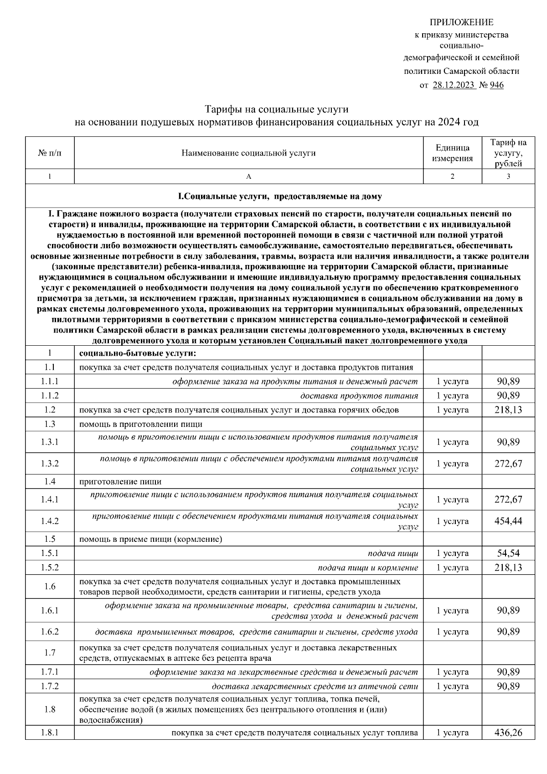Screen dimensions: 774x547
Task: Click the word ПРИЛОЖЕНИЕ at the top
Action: (x=461, y=22)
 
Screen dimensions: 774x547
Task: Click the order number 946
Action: (x=496, y=85)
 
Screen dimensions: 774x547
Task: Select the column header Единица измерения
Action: (x=452, y=153)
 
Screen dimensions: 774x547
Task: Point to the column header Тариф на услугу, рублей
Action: (x=508, y=153)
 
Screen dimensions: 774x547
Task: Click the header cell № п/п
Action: (x=50, y=153)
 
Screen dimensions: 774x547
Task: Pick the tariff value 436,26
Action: (x=508, y=733)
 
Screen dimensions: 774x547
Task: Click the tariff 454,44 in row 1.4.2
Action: (x=508, y=521)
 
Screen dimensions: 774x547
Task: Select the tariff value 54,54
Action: (x=508, y=554)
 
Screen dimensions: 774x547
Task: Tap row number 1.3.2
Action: (x=50, y=464)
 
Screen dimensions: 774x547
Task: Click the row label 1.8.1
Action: (x=50, y=733)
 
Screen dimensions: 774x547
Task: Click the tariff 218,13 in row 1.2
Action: (x=508, y=410)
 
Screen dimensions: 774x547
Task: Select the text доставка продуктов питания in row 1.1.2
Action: (x=359, y=396)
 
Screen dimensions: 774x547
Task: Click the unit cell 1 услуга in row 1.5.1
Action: (x=452, y=554)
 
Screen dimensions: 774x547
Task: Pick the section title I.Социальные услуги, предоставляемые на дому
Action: (x=279, y=197)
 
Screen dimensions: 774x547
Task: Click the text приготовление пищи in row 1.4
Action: (x=120, y=482)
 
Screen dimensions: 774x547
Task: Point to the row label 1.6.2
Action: (x=50, y=632)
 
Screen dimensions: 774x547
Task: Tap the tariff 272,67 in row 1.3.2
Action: (x=508, y=464)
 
